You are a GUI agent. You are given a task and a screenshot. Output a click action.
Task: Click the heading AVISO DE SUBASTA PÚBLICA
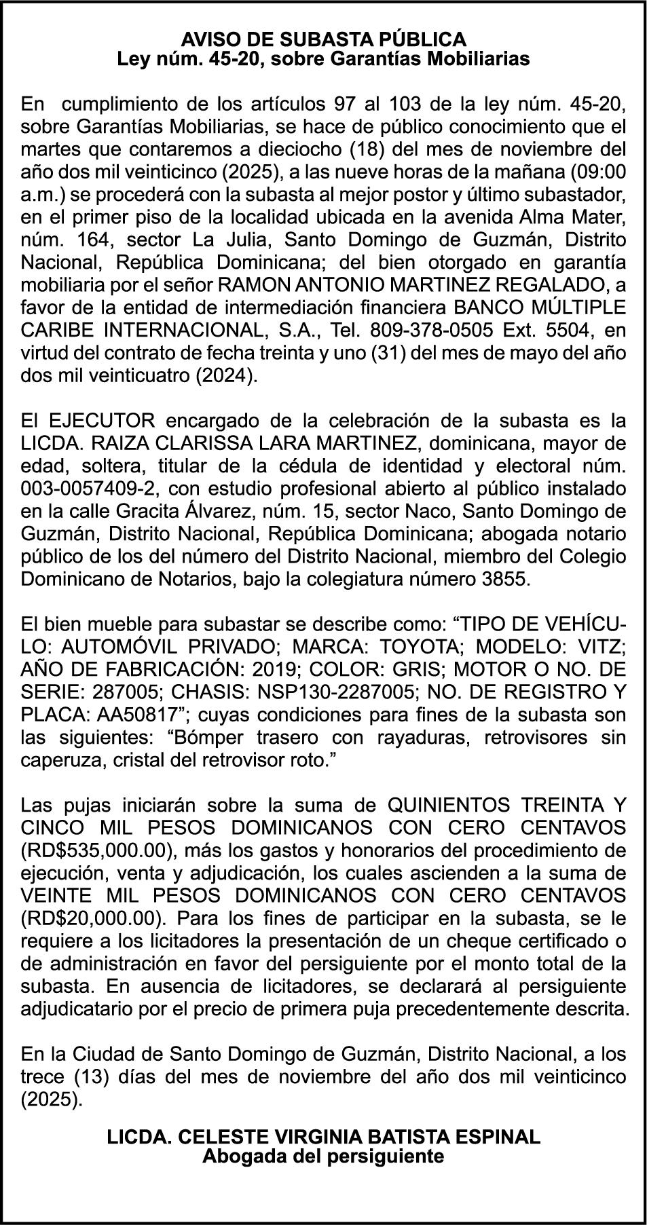click(x=323, y=39)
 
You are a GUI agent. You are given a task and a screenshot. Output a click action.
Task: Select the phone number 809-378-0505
click(x=418, y=331)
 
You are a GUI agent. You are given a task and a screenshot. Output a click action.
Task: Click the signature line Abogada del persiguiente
click(x=323, y=1156)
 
